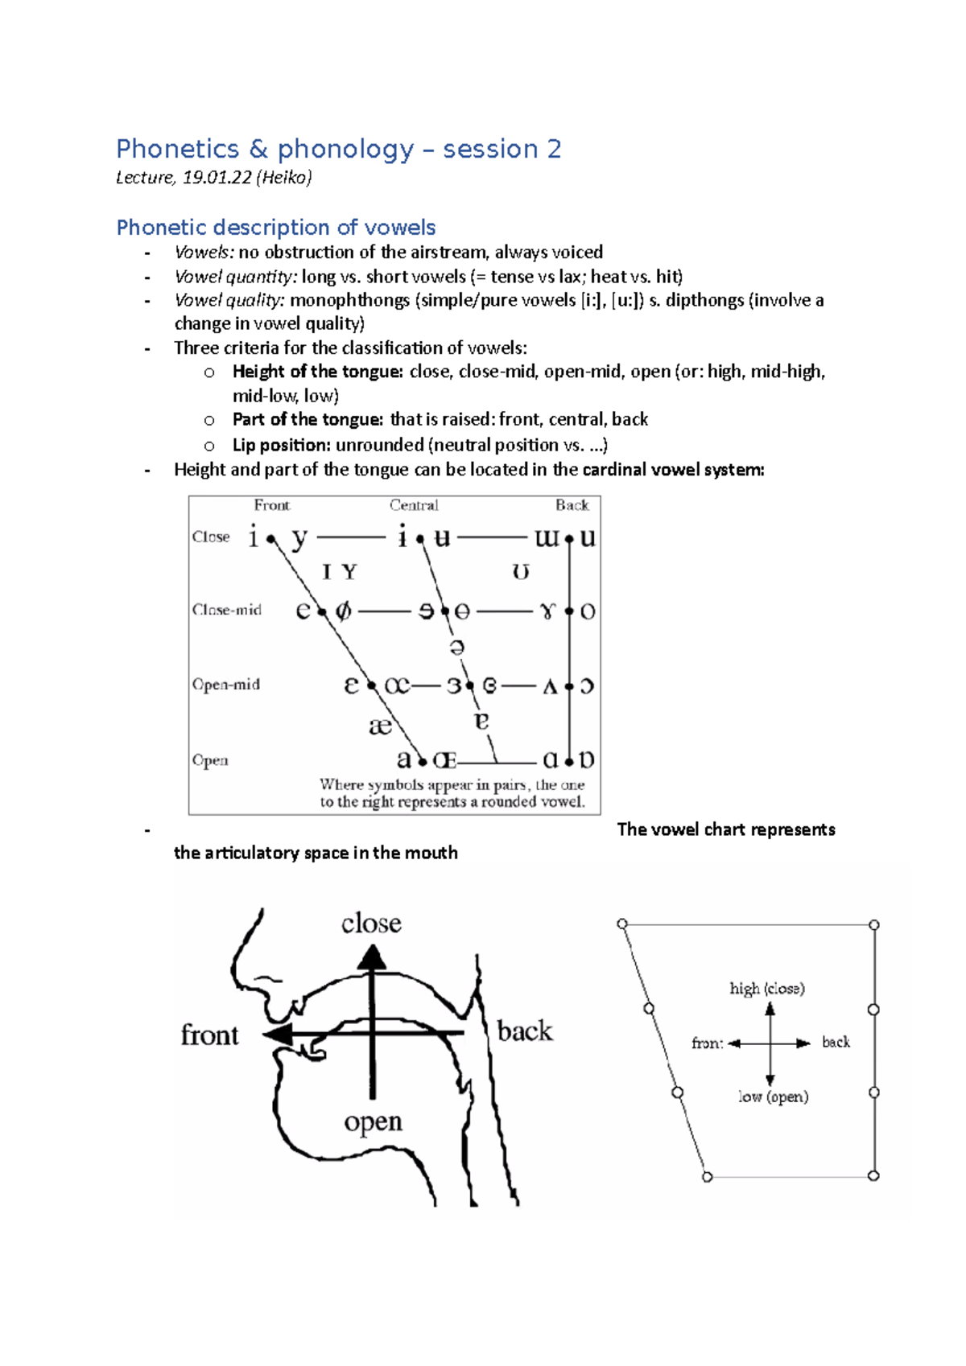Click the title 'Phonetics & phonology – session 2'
tap(338, 149)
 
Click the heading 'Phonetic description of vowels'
tap(276, 228)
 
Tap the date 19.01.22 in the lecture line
tap(217, 178)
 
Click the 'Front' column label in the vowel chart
tap(271, 505)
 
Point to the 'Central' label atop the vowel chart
tap(414, 505)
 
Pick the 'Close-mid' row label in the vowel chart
tap(227, 610)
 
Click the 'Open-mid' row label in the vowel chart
tap(226, 685)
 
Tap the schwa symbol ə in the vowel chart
tap(456, 648)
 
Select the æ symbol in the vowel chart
tap(380, 726)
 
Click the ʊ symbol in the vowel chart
tap(521, 572)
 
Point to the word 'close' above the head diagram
tap(371, 924)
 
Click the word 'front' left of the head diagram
tap(209, 1035)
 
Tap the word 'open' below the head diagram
tap(373, 1121)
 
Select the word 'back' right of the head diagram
tap(525, 1031)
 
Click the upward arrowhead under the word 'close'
tap(372, 957)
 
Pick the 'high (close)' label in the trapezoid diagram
tap(767, 988)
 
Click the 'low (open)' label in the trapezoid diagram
tap(774, 1097)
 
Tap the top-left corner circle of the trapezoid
tap(622, 924)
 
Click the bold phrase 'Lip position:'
tap(282, 445)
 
